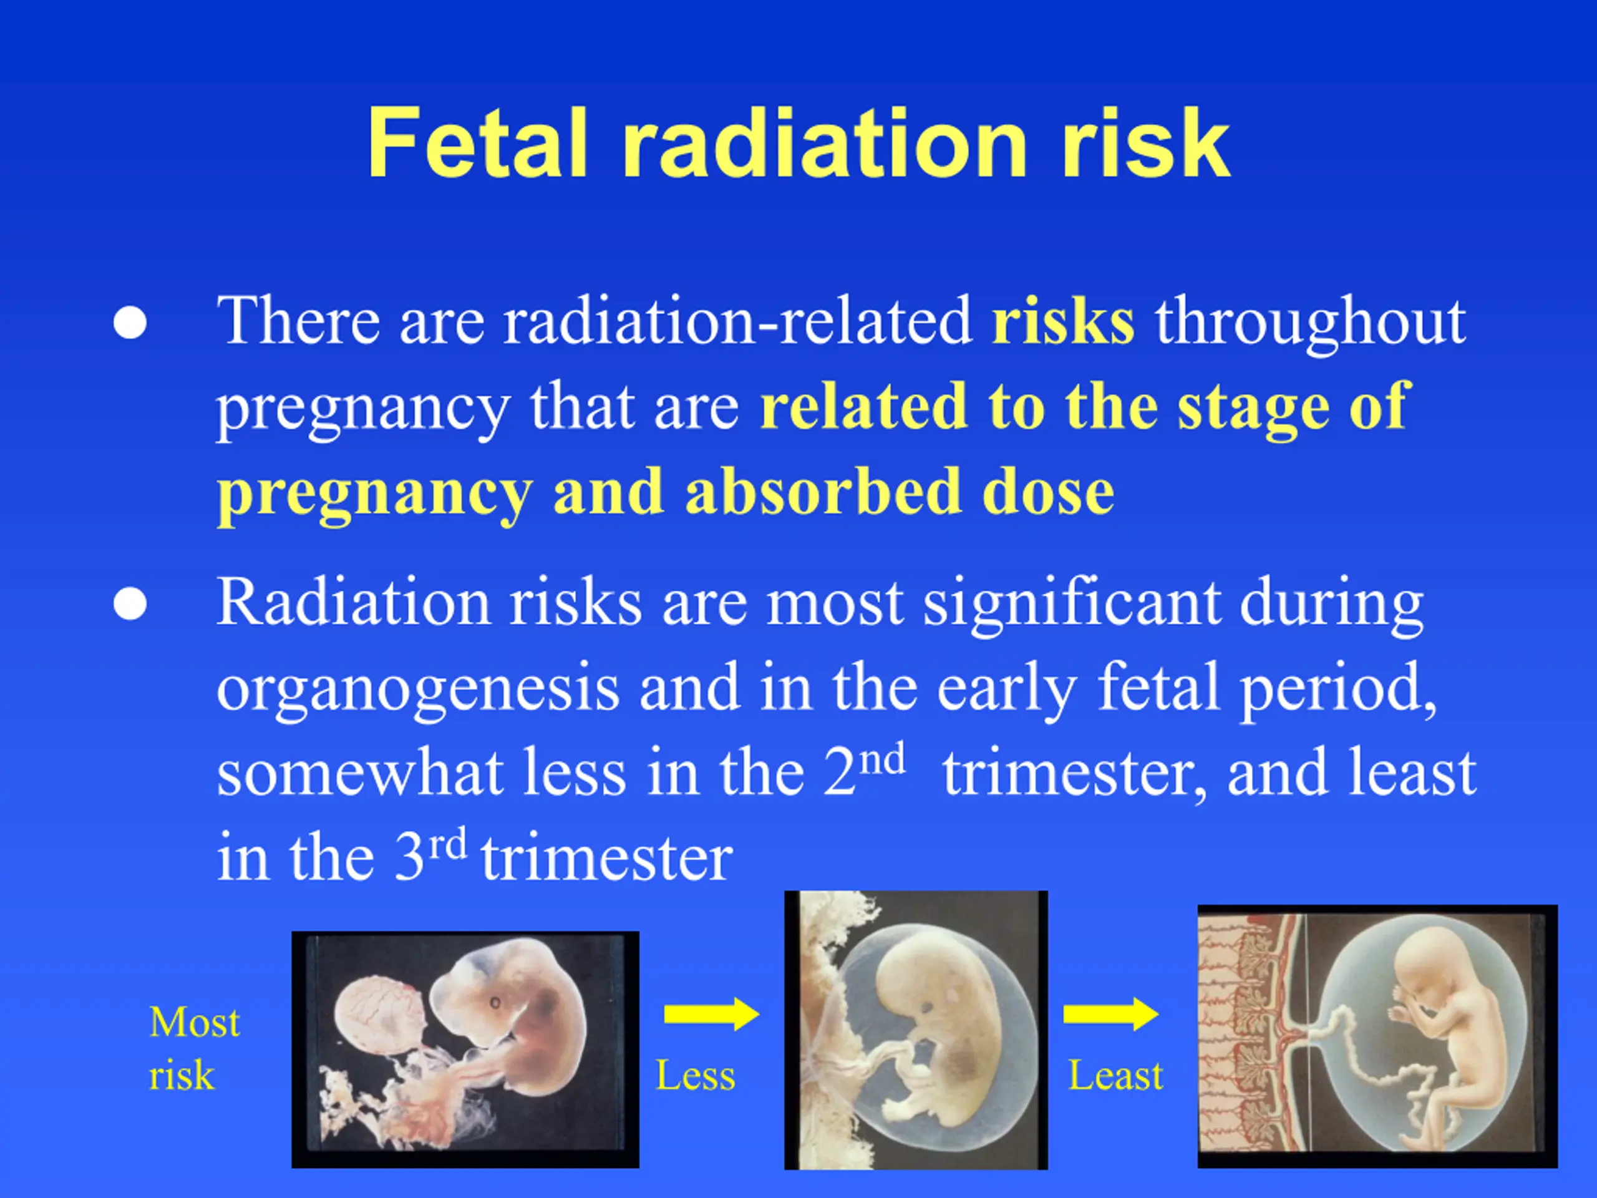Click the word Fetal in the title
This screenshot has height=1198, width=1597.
tap(477, 142)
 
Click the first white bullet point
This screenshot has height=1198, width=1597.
tap(130, 322)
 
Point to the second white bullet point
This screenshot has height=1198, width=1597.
tap(130, 604)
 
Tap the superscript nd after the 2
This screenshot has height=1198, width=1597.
tap(883, 760)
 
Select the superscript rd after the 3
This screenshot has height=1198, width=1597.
tap(448, 844)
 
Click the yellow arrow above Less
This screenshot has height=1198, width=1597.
tap(711, 1015)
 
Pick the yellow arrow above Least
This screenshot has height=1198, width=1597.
tap(1110, 1015)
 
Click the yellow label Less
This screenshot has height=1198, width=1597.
tap(696, 1075)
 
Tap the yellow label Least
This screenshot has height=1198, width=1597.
tap(1115, 1075)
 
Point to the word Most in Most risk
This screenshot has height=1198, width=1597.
tap(195, 1023)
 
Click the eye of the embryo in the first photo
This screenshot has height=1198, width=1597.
tap(496, 1002)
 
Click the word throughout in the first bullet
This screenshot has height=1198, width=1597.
tap(1311, 323)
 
